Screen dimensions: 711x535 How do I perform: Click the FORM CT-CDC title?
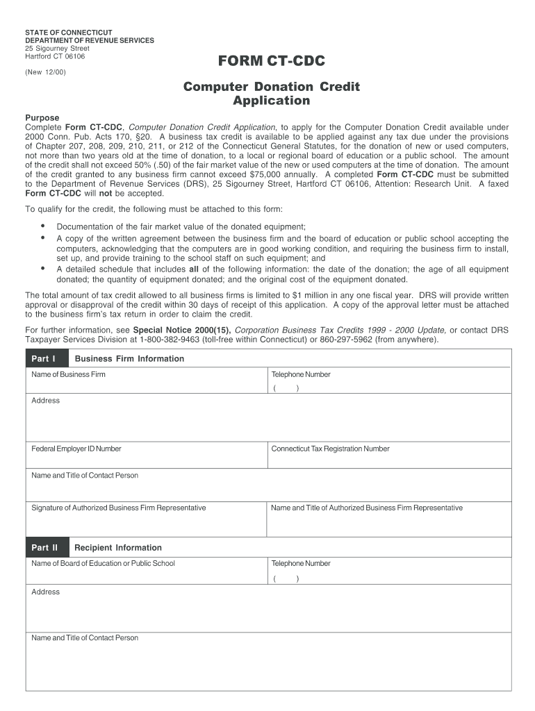point(271,62)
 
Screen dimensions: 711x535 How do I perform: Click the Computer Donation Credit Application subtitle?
point(271,94)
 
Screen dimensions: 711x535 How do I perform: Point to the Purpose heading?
point(42,118)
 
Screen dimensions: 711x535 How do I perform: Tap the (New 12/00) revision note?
point(46,72)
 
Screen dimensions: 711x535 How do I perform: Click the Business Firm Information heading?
point(129,359)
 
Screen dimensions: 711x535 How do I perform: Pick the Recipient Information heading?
point(118,548)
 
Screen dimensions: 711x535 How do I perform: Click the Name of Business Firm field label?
point(69,375)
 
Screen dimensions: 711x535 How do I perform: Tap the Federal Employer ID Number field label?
point(76,449)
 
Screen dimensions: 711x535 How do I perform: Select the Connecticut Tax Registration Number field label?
point(330,449)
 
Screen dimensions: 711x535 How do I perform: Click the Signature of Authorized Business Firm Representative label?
point(119,508)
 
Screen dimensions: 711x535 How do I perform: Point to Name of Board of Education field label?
point(104,564)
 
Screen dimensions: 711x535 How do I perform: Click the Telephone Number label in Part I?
point(301,375)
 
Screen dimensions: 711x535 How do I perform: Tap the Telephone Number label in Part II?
point(301,564)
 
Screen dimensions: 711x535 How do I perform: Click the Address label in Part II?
point(46,592)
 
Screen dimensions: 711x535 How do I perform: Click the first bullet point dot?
point(43,226)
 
